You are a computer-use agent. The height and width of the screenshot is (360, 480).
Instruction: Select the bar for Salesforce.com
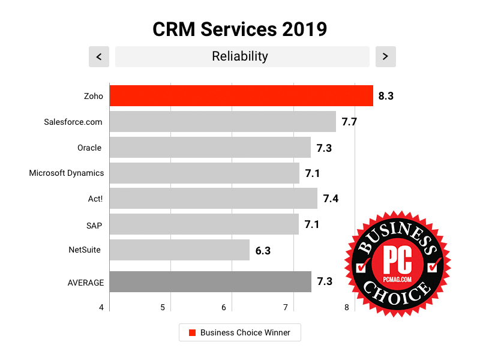click(x=223, y=121)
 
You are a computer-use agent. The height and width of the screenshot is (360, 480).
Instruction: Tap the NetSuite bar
click(x=179, y=250)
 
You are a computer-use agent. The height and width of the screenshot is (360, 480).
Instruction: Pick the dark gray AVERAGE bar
click(x=211, y=282)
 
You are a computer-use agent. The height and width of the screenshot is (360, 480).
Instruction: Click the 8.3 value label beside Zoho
click(x=386, y=95)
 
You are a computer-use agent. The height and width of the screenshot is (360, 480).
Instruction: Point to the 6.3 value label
click(x=263, y=250)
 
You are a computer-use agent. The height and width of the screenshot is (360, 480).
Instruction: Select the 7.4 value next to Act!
click(x=331, y=199)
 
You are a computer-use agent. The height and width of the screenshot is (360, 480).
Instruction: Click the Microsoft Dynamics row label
click(x=67, y=173)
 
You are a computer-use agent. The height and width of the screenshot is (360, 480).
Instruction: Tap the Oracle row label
click(x=89, y=148)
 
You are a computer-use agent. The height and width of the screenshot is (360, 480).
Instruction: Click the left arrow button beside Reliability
click(x=98, y=57)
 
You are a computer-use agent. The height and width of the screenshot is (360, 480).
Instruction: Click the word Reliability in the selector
click(x=240, y=56)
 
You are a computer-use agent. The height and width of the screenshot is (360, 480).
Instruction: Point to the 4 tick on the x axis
click(x=101, y=308)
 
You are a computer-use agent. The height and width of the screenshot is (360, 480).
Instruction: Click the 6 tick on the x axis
click(x=224, y=308)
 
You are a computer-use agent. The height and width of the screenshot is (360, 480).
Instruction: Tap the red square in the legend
click(x=192, y=332)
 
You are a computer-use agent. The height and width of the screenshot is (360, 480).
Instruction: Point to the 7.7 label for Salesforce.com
click(x=349, y=122)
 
